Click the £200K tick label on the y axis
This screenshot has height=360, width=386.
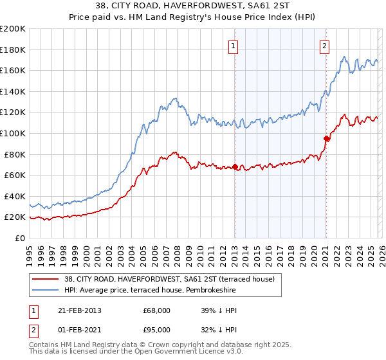point(13,29)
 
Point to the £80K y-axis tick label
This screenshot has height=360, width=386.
point(15,154)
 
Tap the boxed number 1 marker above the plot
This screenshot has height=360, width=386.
point(232,46)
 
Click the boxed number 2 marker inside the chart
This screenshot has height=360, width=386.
point(324,46)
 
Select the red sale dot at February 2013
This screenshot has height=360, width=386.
point(235,167)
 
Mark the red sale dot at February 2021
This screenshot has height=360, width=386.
point(326,138)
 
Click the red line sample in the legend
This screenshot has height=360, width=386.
point(46,279)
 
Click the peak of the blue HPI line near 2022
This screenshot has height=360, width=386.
point(345,57)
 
